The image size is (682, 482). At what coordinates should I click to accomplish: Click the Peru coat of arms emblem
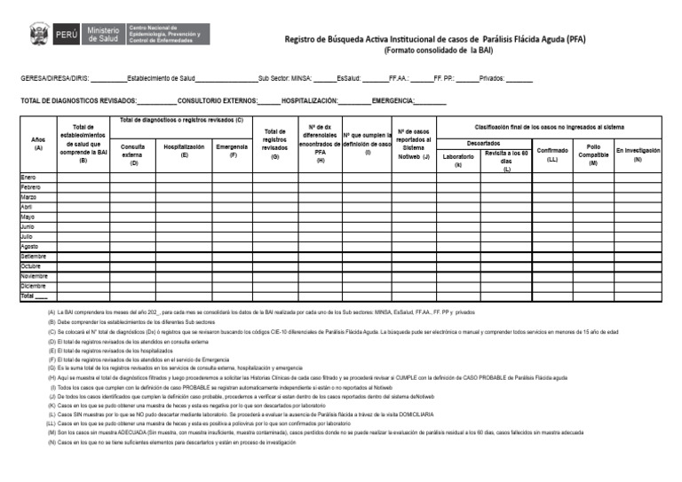point(40,35)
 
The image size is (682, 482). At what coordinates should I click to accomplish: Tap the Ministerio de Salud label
point(105,35)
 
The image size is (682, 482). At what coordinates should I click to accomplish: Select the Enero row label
point(29,178)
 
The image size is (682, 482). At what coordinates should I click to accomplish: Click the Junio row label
point(28,227)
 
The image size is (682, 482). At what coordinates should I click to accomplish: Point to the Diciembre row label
point(33,286)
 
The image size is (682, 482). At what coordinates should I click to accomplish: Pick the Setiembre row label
point(33,257)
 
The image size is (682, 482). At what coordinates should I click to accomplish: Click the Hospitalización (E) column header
point(184,150)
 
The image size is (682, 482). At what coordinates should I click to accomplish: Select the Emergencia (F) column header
point(232,150)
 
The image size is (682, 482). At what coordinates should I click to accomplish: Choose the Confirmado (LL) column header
point(552,154)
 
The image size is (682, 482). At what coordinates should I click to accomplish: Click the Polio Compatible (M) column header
point(593,154)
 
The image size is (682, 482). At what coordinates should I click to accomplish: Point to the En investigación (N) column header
point(638,154)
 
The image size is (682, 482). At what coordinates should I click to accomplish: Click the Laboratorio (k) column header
point(458,160)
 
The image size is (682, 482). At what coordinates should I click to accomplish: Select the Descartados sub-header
point(484,143)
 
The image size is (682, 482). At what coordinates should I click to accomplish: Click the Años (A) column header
point(37,145)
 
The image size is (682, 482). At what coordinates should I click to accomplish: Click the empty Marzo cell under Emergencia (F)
point(232,198)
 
